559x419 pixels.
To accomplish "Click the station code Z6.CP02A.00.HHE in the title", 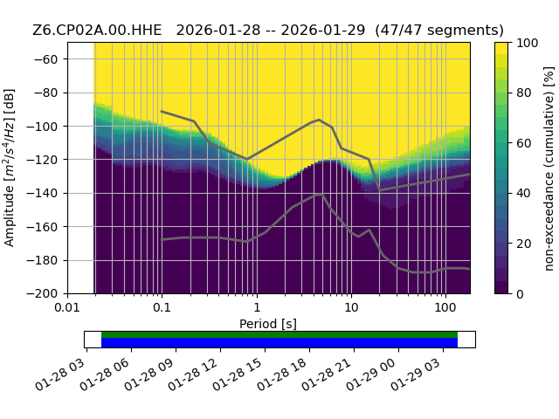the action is tap(97, 31).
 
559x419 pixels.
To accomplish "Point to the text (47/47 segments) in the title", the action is tap(439, 31).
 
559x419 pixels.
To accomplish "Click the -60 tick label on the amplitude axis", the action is tap(45, 59).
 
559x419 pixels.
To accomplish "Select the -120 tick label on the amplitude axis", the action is tap(42, 160).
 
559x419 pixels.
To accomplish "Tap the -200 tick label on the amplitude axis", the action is tap(42, 294).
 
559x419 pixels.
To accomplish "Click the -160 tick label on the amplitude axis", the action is tap(42, 227).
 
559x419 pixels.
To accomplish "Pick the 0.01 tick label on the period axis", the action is tap(67, 307).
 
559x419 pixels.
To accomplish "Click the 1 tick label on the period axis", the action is tap(257, 307).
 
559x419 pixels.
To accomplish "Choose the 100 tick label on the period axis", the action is tap(445, 307).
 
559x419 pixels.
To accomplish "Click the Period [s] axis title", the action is tap(268, 324).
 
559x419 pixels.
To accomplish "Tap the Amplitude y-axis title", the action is tap(10, 168).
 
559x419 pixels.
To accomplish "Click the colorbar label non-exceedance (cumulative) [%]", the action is tap(549, 168).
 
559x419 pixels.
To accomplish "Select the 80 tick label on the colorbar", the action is tap(524, 93).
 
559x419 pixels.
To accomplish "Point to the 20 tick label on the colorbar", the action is tap(524, 244).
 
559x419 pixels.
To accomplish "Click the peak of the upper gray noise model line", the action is tap(319, 120).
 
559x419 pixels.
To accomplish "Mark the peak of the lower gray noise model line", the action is tap(319, 194).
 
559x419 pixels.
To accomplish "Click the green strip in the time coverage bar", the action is tap(279, 334).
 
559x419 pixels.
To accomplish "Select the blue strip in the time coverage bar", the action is tap(279, 342).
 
